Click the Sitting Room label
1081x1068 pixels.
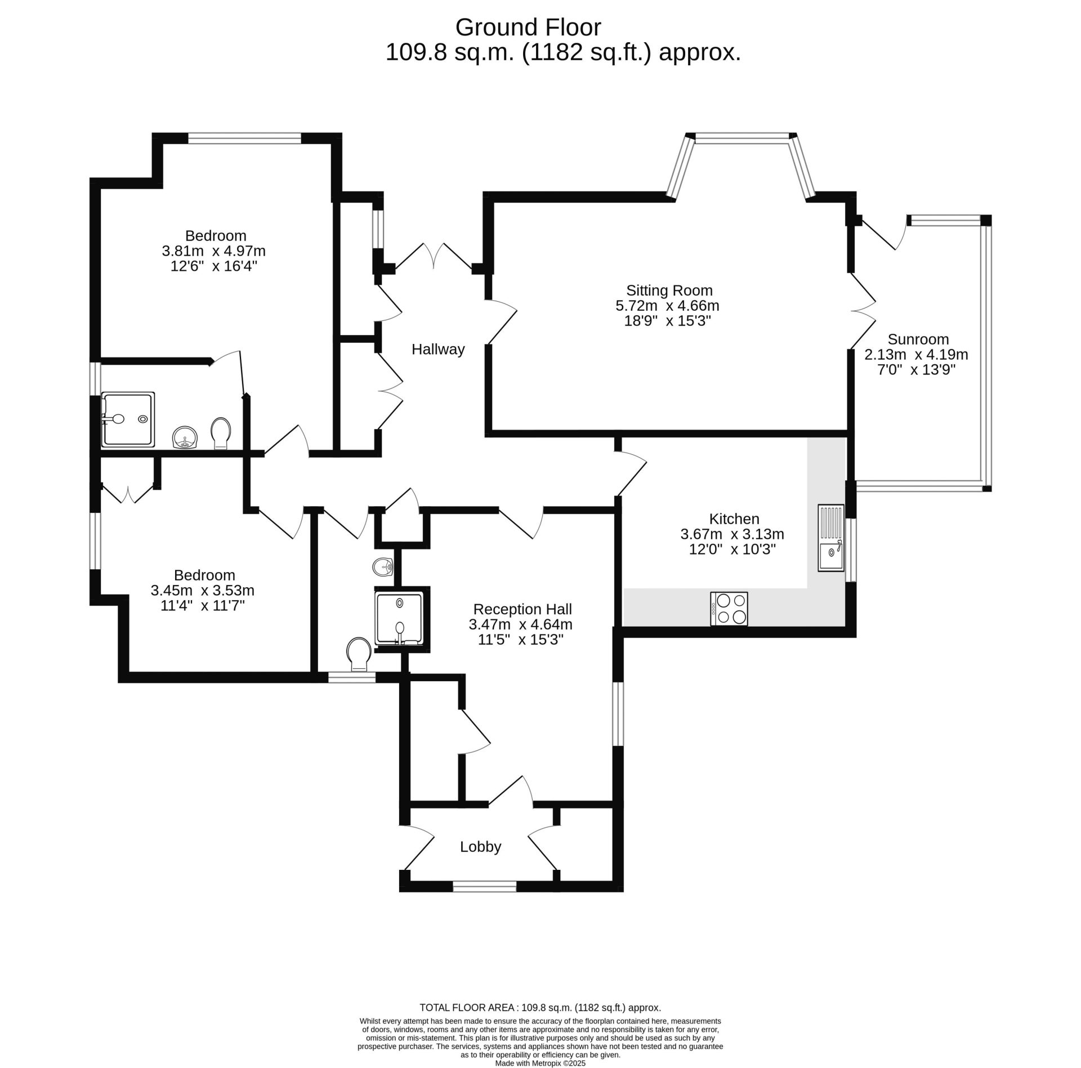point(669,291)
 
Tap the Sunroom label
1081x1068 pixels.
point(918,339)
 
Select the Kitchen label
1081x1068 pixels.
point(734,519)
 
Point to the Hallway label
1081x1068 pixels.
point(438,350)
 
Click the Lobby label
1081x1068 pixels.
point(480,847)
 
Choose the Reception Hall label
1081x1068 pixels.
point(522,609)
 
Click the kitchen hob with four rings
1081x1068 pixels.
point(729,609)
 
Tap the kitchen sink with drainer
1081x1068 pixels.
point(831,538)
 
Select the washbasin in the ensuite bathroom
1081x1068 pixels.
point(185,437)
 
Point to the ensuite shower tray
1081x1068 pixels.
point(128,420)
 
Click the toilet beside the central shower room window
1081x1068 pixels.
point(359,654)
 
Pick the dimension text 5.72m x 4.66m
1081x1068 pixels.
point(668,306)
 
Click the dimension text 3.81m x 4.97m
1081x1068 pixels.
point(213,251)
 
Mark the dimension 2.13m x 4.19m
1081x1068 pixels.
point(916,355)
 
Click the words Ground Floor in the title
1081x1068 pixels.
point(528,27)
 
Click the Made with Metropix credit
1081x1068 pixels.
point(540,1063)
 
